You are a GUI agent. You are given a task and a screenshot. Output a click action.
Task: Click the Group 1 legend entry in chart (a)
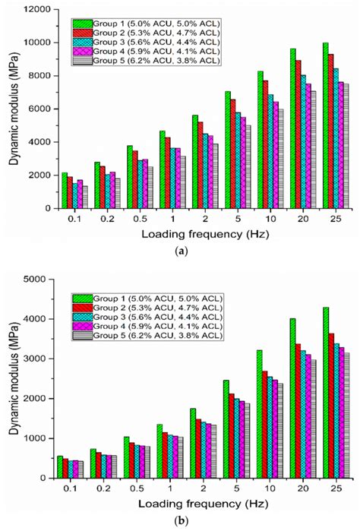tap(144, 24)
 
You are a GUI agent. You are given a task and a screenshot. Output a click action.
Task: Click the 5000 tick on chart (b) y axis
tap(37, 280)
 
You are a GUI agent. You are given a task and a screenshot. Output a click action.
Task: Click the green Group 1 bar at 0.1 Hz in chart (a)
tap(64, 190)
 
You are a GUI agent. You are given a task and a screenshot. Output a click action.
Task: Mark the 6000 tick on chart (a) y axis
tap(37, 109)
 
